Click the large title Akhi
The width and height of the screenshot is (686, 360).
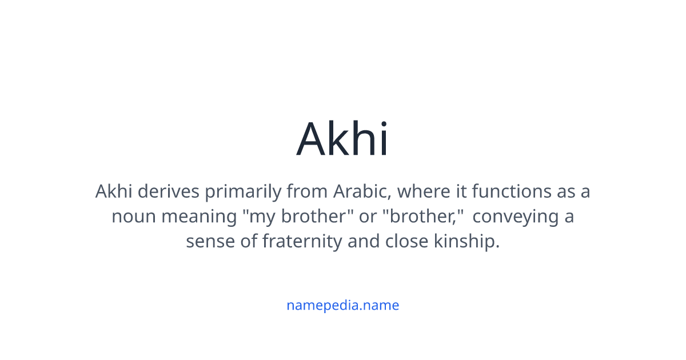pos(342,139)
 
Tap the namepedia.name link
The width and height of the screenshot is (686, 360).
pos(342,305)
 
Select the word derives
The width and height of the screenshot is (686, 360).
pos(169,191)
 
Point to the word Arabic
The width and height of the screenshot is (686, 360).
pos(362,191)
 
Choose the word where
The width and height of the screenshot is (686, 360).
pos(424,191)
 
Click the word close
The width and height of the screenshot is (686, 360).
pos(406,241)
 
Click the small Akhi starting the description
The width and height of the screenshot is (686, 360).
pos(114,191)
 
